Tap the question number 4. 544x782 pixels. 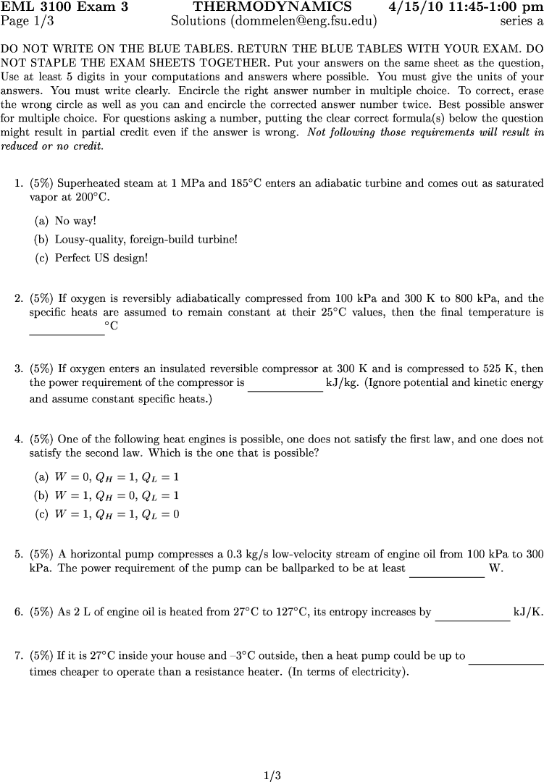(19, 439)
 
